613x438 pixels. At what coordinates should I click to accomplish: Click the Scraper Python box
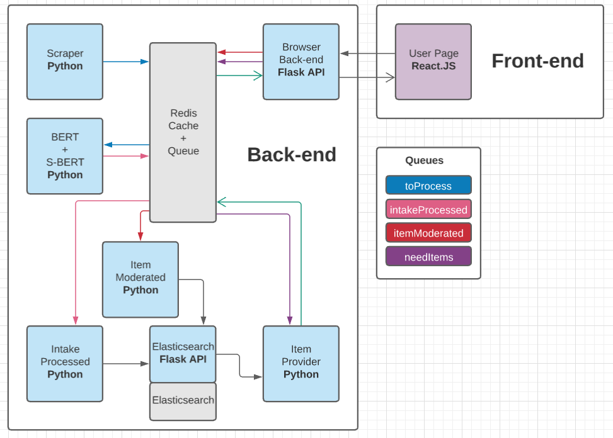(65, 62)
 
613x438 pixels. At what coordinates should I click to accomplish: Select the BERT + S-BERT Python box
(65, 156)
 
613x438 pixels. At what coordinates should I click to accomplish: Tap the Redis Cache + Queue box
(183, 132)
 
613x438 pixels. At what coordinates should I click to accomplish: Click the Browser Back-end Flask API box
(301, 62)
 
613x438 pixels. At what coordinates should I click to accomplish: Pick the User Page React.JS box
(433, 62)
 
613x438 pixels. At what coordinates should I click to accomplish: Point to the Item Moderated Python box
(140, 279)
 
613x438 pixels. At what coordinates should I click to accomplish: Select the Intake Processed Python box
(65, 364)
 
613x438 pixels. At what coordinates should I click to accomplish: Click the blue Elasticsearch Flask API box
(183, 354)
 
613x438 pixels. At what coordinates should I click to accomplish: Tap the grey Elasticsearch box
(183, 401)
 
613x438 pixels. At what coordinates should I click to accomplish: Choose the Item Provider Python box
(301, 364)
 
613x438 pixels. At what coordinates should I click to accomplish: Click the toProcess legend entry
(428, 186)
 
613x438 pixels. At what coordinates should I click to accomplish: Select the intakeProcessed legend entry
(428, 210)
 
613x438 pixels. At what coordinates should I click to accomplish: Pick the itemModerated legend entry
(428, 233)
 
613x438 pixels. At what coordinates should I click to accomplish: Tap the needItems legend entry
(428, 257)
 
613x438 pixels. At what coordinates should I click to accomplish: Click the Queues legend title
(424, 160)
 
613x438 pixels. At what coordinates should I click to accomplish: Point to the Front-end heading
(537, 61)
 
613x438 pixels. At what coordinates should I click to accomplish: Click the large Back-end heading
(291, 155)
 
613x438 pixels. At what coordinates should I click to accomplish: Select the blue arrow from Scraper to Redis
(126, 62)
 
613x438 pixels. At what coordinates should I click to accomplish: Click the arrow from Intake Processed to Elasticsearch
(126, 364)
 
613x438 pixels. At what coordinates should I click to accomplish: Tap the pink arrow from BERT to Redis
(126, 155)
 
